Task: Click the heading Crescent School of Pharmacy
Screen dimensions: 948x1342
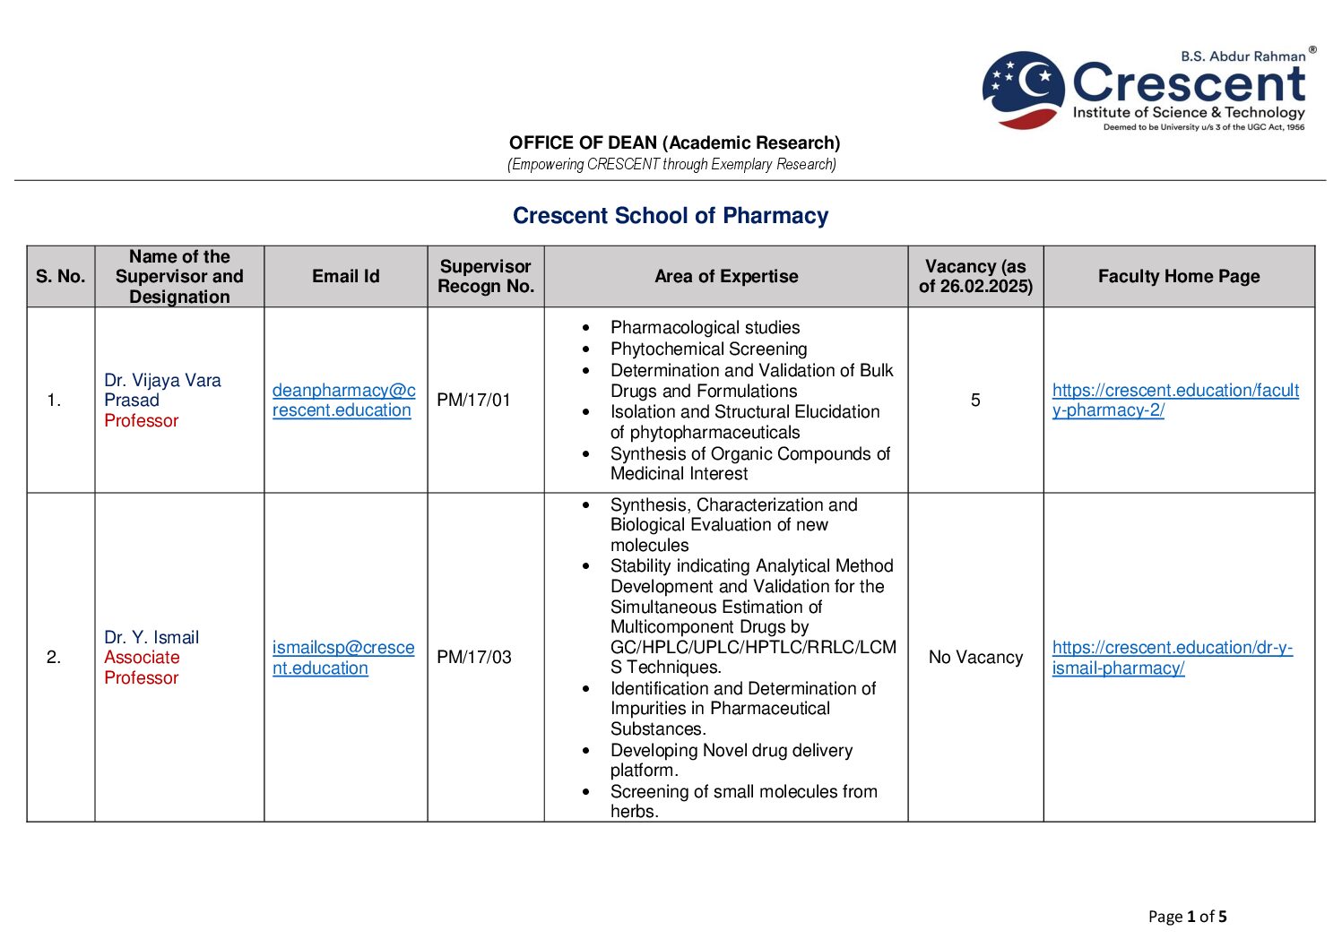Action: pyautogui.click(x=670, y=216)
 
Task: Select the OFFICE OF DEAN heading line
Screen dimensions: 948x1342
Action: pyautogui.click(x=674, y=143)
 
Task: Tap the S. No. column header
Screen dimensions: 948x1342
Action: pyautogui.click(x=61, y=277)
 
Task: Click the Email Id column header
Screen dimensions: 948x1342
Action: pyautogui.click(x=345, y=277)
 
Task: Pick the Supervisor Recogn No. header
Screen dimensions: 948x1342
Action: pyautogui.click(x=485, y=277)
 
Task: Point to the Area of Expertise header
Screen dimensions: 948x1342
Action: pyautogui.click(x=725, y=277)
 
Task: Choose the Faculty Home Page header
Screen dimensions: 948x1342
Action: pyautogui.click(x=1178, y=277)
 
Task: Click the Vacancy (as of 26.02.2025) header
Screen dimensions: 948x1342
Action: pyautogui.click(x=975, y=277)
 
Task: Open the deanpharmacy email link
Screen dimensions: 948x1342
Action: pyautogui.click(x=343, y=401)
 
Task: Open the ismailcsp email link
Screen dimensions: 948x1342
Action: pyautogui.click(x=343, y=658)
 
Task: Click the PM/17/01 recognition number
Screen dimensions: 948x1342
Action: pyautogui.click(x=473, y=401)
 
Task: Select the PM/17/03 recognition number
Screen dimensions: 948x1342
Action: pyautogui.click(x=473, y=658)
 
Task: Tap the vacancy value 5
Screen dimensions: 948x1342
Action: pyautogui.click(x=975, y=401)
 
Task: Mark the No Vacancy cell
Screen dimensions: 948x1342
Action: pyautogui.click(x=975, y=658)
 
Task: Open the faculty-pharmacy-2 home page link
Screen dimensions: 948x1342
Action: pyautogui.click(x=1174, y=401)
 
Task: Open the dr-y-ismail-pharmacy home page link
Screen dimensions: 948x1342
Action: pyautogui.click(x=1172, y=658)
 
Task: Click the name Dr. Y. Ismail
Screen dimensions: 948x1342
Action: pyautogui.click(x=152, y=638)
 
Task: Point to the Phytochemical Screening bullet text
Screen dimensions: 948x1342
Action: pyautogui.click(x=708, y=349)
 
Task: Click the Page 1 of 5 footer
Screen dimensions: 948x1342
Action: pyautogui.click(x=1187, y=917)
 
